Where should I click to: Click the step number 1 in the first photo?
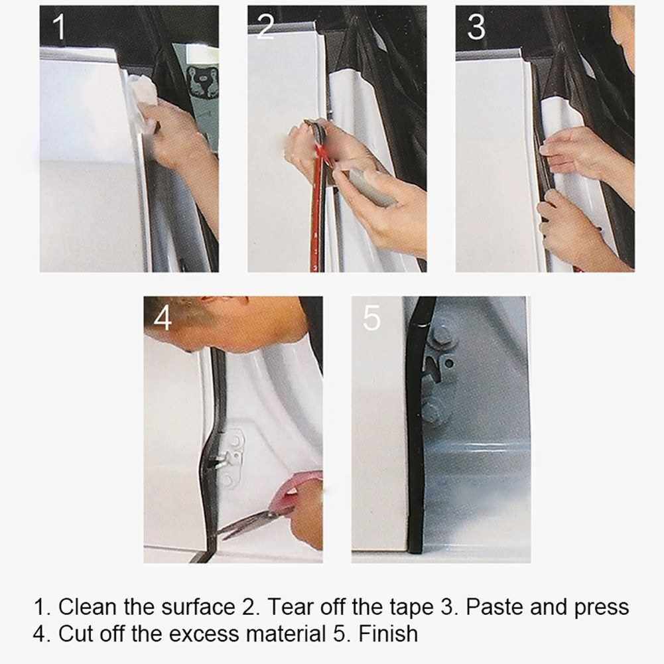(59, 27)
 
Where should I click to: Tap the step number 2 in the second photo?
(265, 27)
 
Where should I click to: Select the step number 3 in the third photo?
(476, 27)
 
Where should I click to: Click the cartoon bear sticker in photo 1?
(203, 82)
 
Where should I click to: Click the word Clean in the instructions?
(87, 607)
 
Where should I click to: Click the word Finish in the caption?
(388, 634)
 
